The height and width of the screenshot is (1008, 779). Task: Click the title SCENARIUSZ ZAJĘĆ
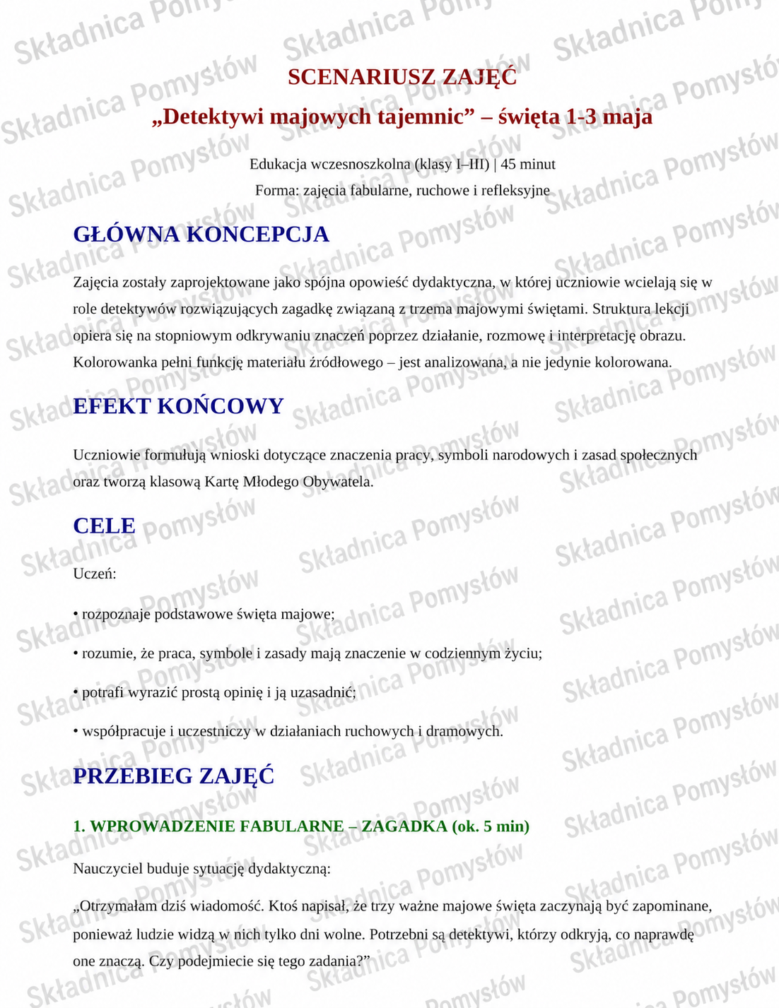pyautogui.click(x=402, y=77)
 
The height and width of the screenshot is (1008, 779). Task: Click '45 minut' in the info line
pyautogui.click(x=527, y=165)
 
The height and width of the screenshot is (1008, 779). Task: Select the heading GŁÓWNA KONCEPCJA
pyautogui.click(x=201, y=235)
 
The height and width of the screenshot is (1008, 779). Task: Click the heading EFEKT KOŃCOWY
pyautogui.click(x=178, y=406)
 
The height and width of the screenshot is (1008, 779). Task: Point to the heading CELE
pyautogui.click(x=104, y=526)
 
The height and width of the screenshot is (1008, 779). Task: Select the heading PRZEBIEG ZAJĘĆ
pyautogui.click(x=173, y=776)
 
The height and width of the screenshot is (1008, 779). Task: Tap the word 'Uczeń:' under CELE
pyautogui.click(x=95, y=574)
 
